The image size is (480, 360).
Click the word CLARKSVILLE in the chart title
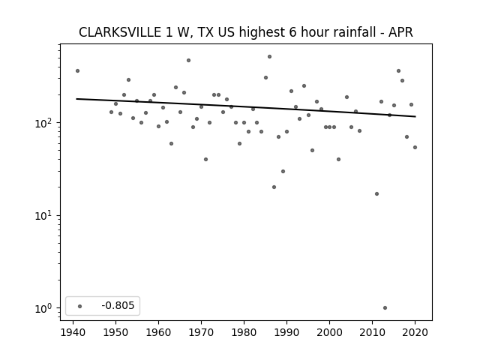click(120, 32)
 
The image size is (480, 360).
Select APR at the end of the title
click(400, 32)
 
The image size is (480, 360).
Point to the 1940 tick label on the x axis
click(73, 332)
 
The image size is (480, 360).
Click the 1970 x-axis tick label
click(201, 332)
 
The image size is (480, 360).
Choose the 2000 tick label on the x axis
click(329, 332)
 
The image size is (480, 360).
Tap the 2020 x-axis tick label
click(415, 332)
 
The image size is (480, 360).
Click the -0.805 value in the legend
click(118, 305)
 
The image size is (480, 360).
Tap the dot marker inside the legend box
click(80, 306)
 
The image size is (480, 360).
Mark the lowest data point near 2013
click(385, 308)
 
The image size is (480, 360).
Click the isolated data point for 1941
click(77, 71)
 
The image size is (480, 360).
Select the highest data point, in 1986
click(270, 57)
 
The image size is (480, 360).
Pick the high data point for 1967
click(188, 61)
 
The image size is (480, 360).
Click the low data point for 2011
click(376, 193)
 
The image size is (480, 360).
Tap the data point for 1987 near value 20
click(274, 187)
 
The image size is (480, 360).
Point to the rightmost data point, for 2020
click(415, 148)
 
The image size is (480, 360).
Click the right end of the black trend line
click(415, 117)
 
